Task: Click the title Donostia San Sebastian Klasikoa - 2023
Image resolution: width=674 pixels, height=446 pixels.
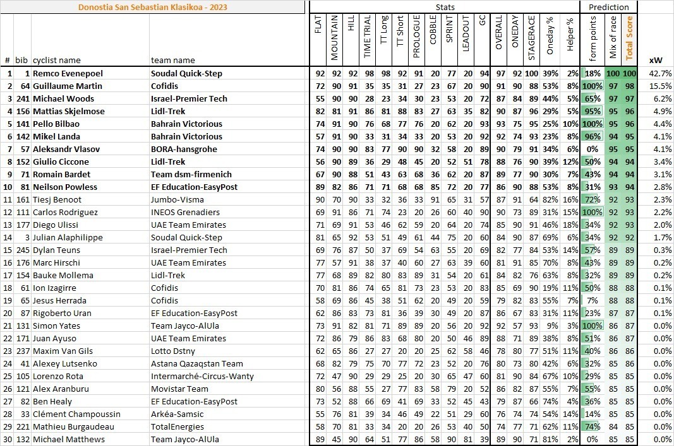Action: point(153,8)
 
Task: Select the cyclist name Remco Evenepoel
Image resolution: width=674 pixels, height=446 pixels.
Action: point(64,73)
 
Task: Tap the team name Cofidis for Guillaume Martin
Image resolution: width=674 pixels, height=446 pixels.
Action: point(164,86)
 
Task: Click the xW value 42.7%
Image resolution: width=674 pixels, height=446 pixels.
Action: point(659,73)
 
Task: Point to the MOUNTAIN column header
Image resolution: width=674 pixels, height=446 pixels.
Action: point(335,38)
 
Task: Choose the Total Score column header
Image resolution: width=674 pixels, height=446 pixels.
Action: point(629,38)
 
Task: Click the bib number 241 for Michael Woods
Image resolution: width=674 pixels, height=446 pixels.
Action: point(23,98)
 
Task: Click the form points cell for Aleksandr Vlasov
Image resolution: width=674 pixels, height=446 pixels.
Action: point(593,149)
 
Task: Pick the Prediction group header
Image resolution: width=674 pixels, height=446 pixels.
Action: point(608,7)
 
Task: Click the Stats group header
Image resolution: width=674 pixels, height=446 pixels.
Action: point(445,7)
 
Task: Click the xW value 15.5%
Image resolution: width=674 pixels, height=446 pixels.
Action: point(659,86)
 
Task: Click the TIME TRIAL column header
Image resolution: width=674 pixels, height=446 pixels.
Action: point(368,38)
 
